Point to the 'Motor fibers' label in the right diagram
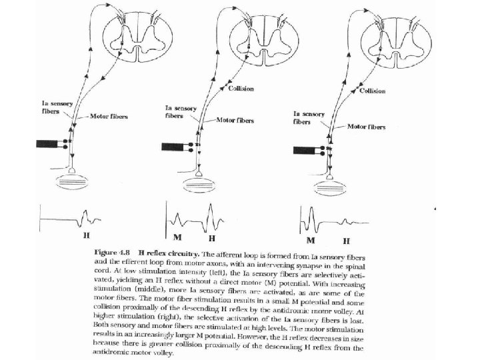[x=366, y=126]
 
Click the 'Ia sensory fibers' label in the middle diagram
[x=179, y=111]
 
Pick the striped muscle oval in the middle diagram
[x=201, y=181]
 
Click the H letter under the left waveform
[x=85, y=235]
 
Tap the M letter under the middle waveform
[x=177, y=237]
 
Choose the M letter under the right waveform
[x=311, y=239]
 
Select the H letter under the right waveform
[x=347, y=239]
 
